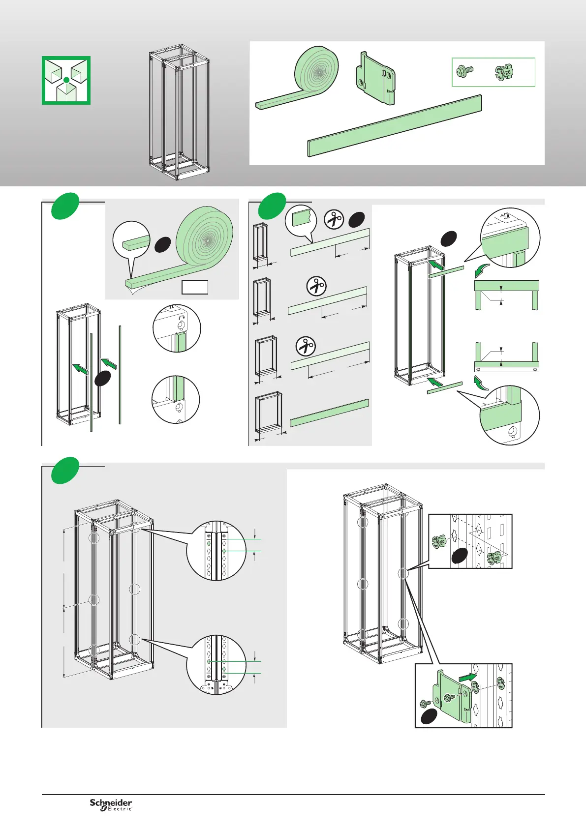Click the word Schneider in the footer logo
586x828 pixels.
point(111,802)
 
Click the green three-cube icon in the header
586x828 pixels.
point(66,80)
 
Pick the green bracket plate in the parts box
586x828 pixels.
point(375,79)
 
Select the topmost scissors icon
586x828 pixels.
point(335,219)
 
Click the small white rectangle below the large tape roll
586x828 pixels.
point(195,287)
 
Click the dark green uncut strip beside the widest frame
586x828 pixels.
point(329,413)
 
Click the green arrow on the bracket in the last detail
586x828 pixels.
point(468,678)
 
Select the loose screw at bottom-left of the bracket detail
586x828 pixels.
point(426,704)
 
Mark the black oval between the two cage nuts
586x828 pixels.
point(459,556)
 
